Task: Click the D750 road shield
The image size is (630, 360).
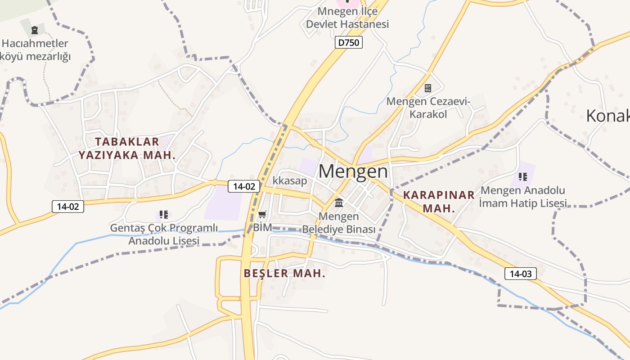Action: click(x=349, y=43)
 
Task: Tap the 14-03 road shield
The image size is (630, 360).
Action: click(x=521, y=273)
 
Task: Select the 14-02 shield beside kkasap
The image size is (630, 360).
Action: click(x=244, y=186)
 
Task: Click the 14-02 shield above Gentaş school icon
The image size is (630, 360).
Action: click(x=68, y=207)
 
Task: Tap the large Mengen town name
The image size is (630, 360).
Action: click(x=353, y=171)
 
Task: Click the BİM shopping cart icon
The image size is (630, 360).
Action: click(x=262, y=214)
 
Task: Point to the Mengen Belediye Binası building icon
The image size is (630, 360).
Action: click(x=339, y=202)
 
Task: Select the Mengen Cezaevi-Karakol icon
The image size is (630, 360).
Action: click(x=428, y=88)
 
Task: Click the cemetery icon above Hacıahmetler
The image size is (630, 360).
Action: click(x=35, y=31)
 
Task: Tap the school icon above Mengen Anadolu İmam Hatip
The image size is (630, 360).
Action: click(x=522, y=176)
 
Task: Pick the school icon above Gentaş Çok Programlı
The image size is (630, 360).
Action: click(x=164, y=215)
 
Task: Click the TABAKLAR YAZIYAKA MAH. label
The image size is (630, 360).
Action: click(x=127, y=148)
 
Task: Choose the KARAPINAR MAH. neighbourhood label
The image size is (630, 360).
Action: click(x=439, y=202)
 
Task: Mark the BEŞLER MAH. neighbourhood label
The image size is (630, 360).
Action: click(x=284, y=273)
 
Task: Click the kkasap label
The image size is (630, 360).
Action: click(x=290, y=181)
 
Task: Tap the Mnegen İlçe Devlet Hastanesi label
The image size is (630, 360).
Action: click(x=347, y=17)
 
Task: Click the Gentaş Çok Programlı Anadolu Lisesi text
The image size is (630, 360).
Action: click(x=164, y=234)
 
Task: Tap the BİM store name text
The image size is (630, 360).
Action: click(x=262, y=227)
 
